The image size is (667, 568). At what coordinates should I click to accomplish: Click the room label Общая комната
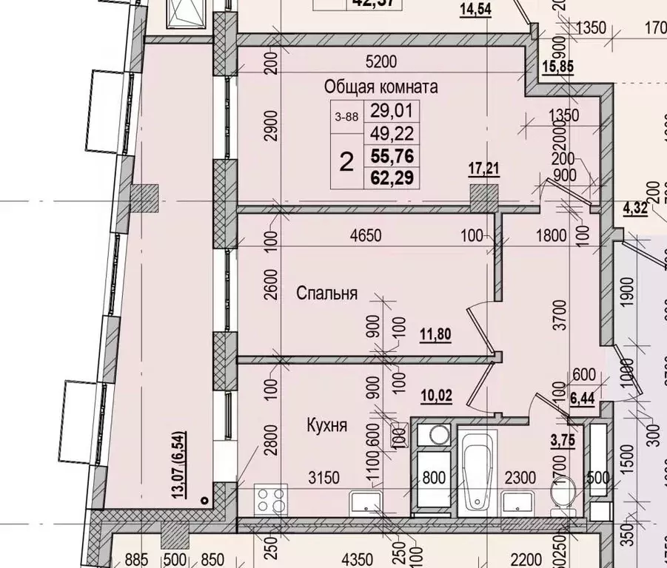coord(381,87)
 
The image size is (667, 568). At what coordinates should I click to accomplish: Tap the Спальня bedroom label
coord(326,294)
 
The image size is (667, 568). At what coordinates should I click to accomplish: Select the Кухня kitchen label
coord(327,426)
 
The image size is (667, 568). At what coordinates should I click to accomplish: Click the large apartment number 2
coord(346,161)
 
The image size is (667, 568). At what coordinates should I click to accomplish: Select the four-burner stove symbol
coord(272,501)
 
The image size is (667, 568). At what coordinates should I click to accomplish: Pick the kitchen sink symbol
coord(368,503)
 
